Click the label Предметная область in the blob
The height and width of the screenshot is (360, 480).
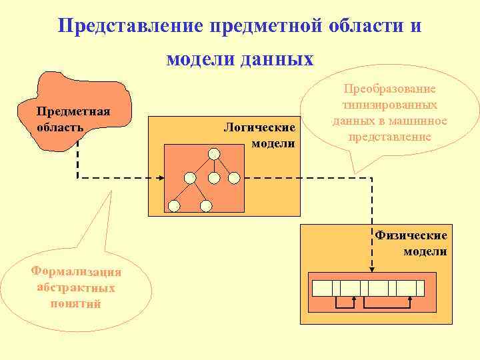(73, 118)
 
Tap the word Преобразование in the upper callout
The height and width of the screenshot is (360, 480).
(390, 89)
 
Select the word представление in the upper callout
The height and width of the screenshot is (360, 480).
(390, 137)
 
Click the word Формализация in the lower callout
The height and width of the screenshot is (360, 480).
(77, 271)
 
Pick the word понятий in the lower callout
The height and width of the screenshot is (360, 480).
(76, 304)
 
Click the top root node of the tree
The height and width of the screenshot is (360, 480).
(213, 154)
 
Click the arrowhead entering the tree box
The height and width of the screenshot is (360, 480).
(161, 178)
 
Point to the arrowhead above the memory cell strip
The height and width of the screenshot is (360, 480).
(372, 269)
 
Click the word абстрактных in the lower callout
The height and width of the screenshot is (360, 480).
(77, 288)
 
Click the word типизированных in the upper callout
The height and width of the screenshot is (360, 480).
(390, 105)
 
